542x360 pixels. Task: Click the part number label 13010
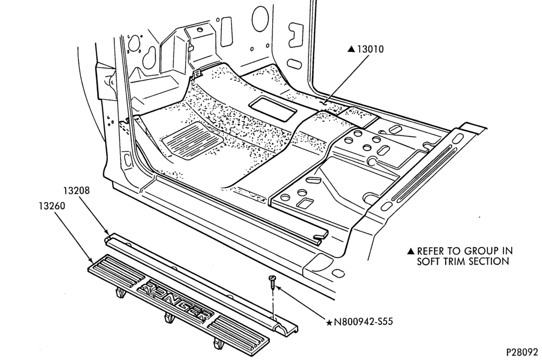370,49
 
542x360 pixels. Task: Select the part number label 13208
76,190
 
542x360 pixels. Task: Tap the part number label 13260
52,206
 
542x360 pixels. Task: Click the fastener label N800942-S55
363,322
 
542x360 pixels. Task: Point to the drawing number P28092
522,352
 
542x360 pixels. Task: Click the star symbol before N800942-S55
329,323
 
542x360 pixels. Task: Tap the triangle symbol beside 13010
351,49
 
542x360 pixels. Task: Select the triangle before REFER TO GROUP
411,250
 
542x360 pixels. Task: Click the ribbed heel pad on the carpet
192,140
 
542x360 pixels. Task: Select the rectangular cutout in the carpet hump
273,108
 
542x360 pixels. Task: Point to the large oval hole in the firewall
260,18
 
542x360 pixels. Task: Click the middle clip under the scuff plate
169,318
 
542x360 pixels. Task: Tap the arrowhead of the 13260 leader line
91,260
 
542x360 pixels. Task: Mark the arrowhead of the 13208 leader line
108,234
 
